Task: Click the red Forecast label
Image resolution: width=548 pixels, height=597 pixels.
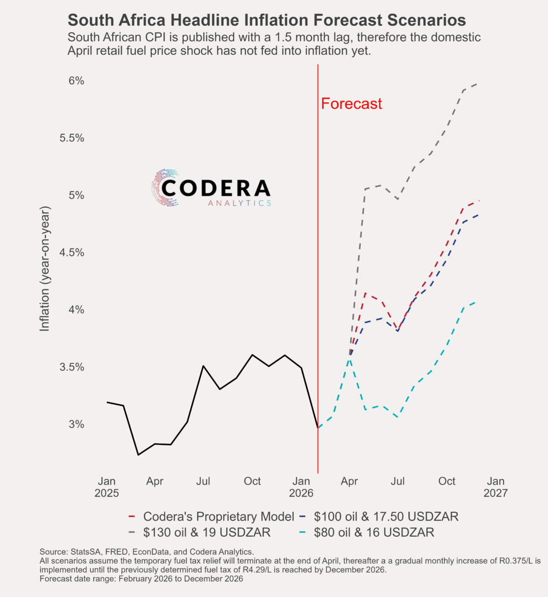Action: point(351,104)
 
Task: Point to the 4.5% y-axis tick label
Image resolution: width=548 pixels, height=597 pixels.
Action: point(72,252)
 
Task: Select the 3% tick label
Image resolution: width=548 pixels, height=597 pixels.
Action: point(76,424)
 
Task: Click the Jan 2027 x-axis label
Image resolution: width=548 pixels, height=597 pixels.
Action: point(495,487)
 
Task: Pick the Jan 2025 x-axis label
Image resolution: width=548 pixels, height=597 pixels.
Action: point(107,487)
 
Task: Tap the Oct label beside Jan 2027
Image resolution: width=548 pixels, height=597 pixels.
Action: point(447,481)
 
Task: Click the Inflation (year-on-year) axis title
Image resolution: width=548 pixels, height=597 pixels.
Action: point(45,269)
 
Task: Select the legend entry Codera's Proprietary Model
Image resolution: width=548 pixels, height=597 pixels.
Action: point(218,516)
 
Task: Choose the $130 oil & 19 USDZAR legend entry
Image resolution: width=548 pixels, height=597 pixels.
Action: point(207,532)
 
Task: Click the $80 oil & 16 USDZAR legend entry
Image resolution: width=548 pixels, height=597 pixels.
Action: point(374,532)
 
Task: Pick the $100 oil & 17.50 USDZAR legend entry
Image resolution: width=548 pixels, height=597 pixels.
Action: point(386,516)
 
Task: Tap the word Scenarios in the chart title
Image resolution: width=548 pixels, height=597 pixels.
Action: point(426,20)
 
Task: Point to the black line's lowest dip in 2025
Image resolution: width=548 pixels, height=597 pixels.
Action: point(138,455)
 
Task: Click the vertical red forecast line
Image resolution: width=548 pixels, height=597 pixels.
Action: point(318,253)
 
